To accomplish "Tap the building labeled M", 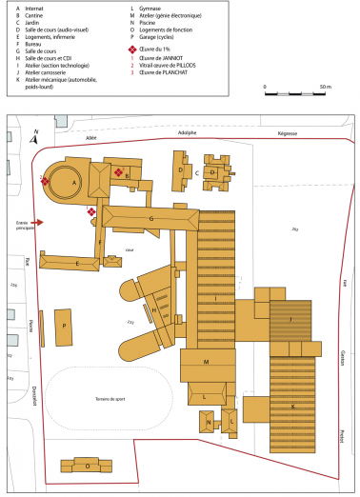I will click(206, 363).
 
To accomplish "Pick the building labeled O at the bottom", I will click(88, 466).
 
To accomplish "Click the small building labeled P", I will click(64, 325).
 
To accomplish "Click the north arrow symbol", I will click(35, 137).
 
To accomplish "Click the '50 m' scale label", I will click(326, 87).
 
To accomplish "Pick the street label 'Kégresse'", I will click(288, 133).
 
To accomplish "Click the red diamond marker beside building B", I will click(118, 172).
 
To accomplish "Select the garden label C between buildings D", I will click(196, 173).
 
